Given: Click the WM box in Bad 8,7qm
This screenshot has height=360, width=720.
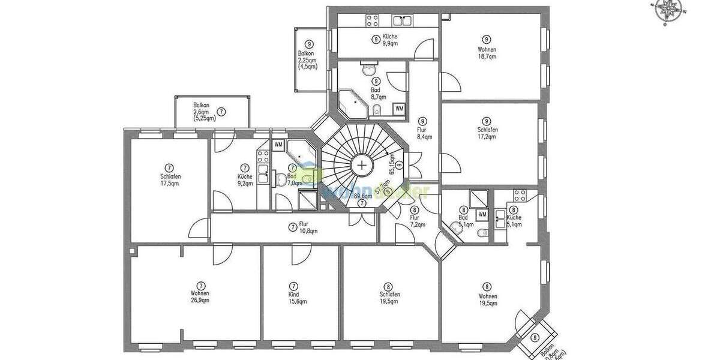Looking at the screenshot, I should click(399, 109).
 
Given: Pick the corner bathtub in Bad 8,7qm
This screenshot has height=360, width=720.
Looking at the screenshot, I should click(353, 104).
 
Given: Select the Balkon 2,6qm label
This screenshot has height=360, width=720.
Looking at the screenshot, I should click(205, 112).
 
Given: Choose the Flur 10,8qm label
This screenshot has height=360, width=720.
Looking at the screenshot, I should click(298, 227).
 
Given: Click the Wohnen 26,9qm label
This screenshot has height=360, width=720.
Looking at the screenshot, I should click(200, 293).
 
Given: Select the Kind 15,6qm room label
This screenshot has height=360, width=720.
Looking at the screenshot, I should click(293, 294).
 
